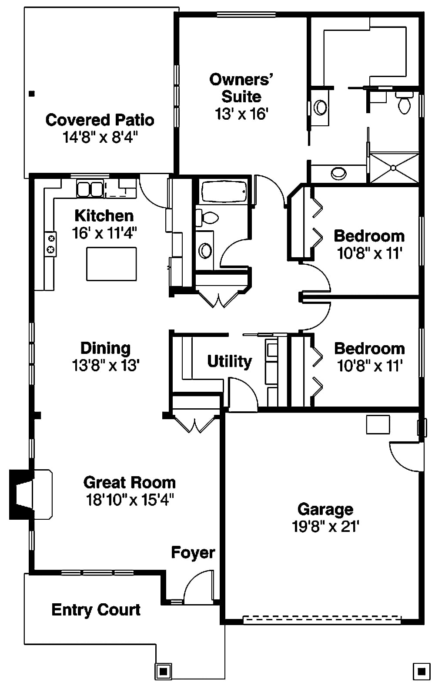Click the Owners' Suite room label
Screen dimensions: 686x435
tap(241, 88)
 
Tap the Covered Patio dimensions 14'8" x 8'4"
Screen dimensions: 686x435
tap(100, 138)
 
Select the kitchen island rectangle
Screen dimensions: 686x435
tap(111, 264)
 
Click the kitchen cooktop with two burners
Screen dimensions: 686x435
tap(51, 244)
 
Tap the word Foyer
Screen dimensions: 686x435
tap(193, 552)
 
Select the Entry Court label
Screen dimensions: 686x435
tap(96, 610)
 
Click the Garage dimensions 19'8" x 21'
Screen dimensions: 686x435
tap(325, 527)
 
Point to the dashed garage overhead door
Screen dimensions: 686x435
tap(322, 619)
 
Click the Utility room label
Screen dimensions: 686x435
tap(229, 361)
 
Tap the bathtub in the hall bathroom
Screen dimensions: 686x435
tap(224, 192)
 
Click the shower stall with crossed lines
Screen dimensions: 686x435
tap(394, 168)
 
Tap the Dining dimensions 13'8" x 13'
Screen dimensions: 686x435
tap(106, 366)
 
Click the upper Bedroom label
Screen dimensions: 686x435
tap(369, 236)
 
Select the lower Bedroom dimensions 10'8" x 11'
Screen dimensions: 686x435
tap(369, 366)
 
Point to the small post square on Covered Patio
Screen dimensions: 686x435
tap(31, 93)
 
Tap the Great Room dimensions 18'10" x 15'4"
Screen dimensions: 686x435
tap(130, 500)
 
